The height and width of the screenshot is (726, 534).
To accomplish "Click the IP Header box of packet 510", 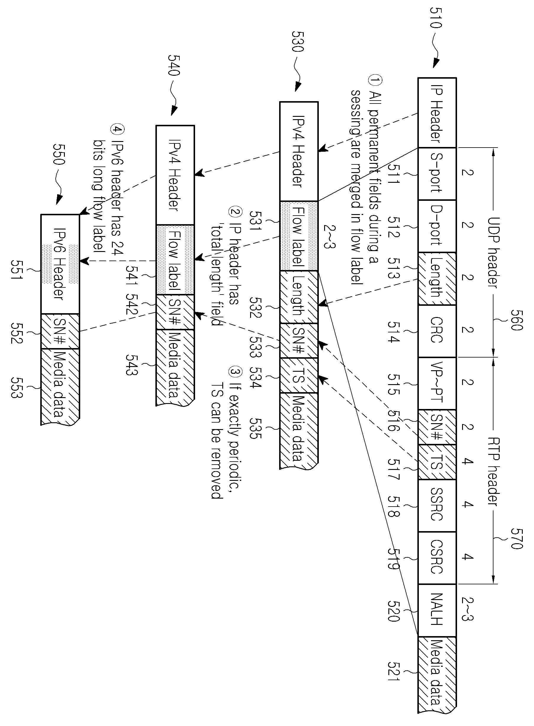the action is click(x=437, y=112).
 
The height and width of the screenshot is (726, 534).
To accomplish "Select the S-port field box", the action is click(x=437, y=174).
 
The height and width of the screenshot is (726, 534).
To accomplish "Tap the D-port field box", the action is click(x=437, y=226).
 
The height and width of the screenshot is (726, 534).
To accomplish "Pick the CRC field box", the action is click(x=437, y=331).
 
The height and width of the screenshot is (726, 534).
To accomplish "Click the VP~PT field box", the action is click(x=437, y=383).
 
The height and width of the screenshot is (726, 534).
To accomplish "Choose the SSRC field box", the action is click(x=437, y=506).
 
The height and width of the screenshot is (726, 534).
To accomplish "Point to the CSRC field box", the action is click(x=437, y=558).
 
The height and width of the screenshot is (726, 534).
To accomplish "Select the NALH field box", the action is click(x=437, y=610).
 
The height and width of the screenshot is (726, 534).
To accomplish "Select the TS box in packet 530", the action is click(x=299, y=375).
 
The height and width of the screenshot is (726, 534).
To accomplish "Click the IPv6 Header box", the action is click(x=60, y=264).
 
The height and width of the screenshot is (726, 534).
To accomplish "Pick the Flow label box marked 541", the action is click(x=175, y=260).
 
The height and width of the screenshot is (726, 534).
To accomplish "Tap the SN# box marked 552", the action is click(x=60, y=331).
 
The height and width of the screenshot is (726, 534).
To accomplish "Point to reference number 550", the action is click(x=59, y=153).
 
